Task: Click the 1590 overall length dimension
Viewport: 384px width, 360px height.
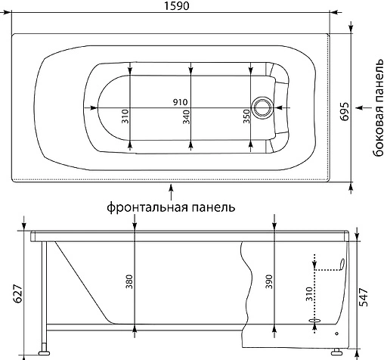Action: coord(176,6)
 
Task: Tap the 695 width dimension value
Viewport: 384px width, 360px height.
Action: coord(345,111)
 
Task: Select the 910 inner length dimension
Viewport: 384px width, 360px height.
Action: coord(180,102)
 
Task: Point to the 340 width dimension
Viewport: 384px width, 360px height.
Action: coord(187,116)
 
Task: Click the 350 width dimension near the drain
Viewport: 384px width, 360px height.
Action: coord(246,116)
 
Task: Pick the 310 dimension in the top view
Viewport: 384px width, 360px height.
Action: coord(125,116)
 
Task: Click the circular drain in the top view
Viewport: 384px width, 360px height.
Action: coord(262,107)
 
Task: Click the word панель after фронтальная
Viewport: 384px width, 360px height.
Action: coord(214,207)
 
